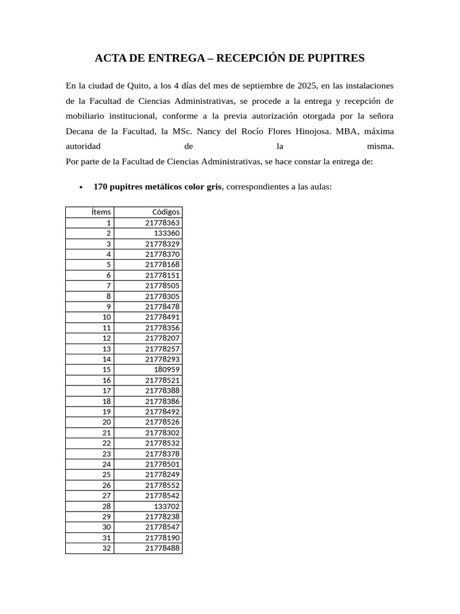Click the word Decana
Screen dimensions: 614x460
coord(79,131)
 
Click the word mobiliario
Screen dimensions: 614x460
coord(86,116)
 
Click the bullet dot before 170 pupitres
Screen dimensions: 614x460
coord(81,187)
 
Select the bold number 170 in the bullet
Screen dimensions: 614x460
coord(101,186)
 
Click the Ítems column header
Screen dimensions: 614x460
coord(101,212)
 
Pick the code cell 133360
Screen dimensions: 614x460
coord(167,233)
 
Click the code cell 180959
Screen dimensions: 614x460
coord(167,369)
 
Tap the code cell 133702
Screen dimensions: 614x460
coord(167,506)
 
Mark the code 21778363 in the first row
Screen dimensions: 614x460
coord(162,222)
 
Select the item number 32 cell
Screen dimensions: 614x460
coord(107,548)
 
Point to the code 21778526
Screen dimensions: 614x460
coord(162,422)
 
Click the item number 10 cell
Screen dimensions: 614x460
coord(107,317)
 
